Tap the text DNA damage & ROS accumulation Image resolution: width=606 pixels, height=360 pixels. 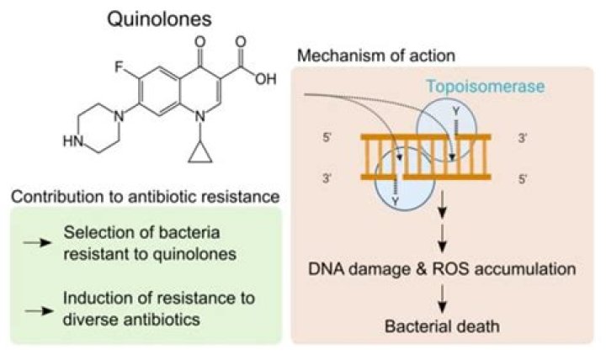coord(441,270)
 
